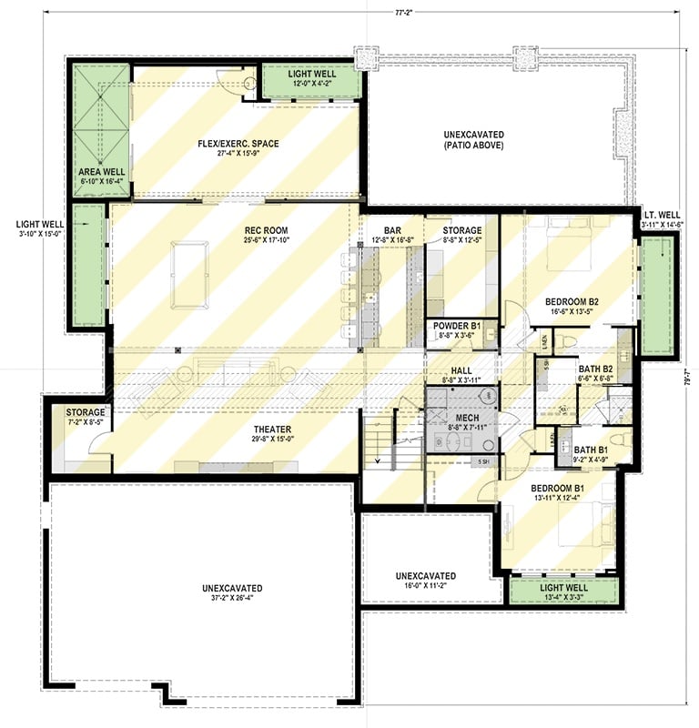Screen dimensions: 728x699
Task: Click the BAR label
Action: [x=392, y=231]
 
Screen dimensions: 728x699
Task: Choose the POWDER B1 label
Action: [x=461, y=325]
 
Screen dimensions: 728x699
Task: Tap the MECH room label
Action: [x=461, y=418]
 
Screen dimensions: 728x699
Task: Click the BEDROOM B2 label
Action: [x=571, y=301]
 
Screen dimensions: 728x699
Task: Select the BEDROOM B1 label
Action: [x=558, y=488]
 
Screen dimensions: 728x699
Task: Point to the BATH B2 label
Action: [x=595, y=369]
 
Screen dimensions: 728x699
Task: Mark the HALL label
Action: [x=461, y=370]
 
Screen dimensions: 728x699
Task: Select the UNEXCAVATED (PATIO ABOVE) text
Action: [x=473, y=139]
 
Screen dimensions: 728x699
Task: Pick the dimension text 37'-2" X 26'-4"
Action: [x=233, y=599]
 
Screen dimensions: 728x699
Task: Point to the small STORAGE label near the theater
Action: [x=86, y=412]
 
